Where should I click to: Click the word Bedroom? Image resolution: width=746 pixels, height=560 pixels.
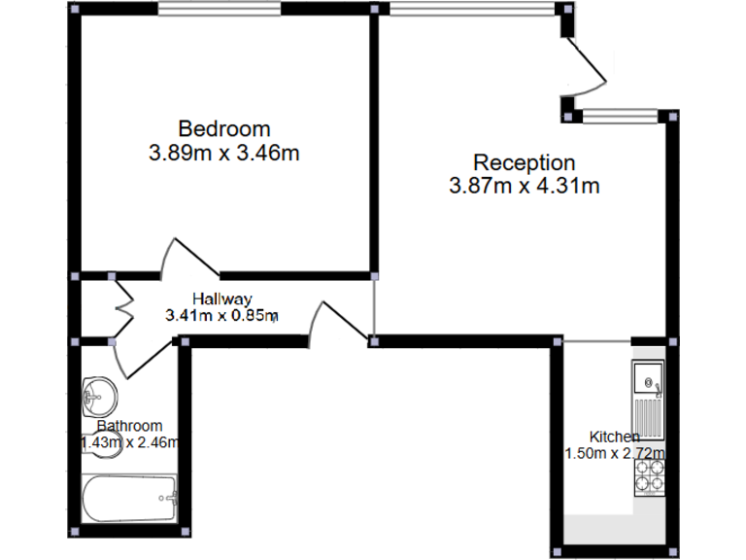pyautogui.click(x=223, y=128)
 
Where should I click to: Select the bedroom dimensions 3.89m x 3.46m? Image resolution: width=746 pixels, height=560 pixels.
pyautogui.click(x=223, y=153)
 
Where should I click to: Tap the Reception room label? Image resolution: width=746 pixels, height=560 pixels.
pyautogui.click(x=524, y=162)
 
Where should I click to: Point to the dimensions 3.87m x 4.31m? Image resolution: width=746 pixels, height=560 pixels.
pyautogui.click(x=524, y=186)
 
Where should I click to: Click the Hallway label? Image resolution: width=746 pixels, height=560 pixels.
pyautogui.click(x=221, y=298)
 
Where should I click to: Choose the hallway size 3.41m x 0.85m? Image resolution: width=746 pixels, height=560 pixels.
pyautogui.click(x=221, y=315)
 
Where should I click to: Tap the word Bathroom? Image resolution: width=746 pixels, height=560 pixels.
pyautogui.click(x=129, y=426)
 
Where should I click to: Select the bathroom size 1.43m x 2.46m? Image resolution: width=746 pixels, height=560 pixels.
pyautogui.click(x=130, y=443)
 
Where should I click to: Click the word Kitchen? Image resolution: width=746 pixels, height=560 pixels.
pyautogui.click(x=614, y=437)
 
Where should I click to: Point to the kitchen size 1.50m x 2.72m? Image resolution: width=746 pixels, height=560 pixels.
pyautogui.click(x=614, y=453)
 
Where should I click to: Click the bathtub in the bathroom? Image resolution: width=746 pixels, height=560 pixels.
pyautogui.click(x=129, y=501)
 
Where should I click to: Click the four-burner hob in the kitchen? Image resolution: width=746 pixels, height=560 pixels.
pyautogui.click(x=649, y=473)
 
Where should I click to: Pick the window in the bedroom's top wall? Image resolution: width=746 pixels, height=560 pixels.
pyautogui.click(x=220, y=10)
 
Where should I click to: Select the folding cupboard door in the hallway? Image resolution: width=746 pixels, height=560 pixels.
pyautogui.click(x=123, y=309)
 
